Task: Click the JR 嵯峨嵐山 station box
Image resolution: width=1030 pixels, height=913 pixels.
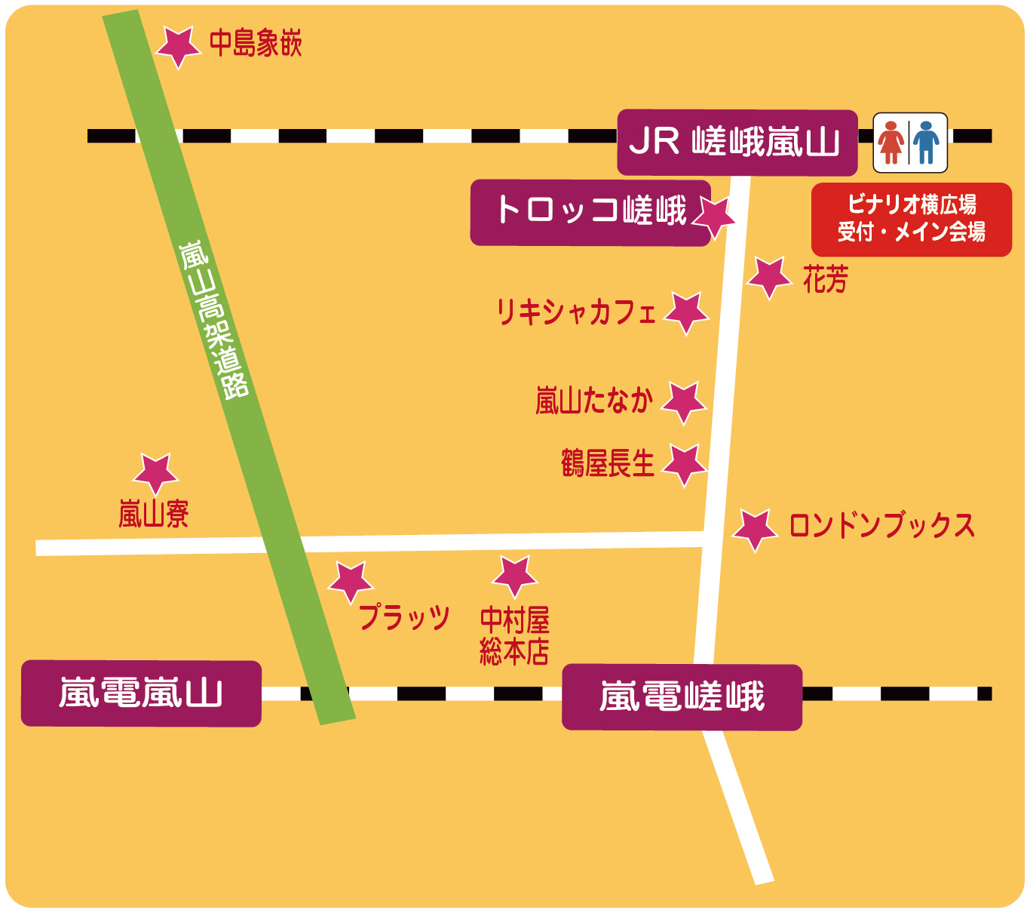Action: [737, 142]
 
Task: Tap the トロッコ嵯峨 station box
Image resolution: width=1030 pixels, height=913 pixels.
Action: [590, 212]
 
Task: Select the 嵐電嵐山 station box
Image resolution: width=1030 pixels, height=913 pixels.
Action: [141, 693]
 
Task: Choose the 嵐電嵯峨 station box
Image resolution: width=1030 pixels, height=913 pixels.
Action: [682, 696]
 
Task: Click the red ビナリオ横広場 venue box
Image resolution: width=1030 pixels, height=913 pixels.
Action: [911, 219]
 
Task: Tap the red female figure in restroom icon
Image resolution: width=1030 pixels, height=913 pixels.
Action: [891, 143]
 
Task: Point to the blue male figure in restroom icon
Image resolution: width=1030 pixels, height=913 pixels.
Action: [927, 143]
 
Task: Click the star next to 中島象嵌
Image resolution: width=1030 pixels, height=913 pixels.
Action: [177, 47]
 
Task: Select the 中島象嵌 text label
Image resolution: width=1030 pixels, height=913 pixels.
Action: [256, 44]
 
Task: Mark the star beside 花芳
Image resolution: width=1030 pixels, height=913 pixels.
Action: [769, 277]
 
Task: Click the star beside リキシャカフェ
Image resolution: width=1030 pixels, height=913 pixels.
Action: [686, 312]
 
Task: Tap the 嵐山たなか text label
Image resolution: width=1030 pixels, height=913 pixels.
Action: [593, 401]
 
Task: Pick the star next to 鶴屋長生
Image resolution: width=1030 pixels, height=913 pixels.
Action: [685, 464]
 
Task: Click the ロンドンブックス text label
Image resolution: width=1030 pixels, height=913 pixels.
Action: [881, 526]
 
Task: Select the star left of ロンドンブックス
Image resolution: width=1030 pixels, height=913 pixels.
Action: [755, 529]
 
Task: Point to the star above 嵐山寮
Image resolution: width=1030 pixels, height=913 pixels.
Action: [155, 474]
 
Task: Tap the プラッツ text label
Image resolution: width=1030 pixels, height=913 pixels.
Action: [404, 617]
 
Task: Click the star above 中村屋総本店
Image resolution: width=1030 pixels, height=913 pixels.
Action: [515, 576]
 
